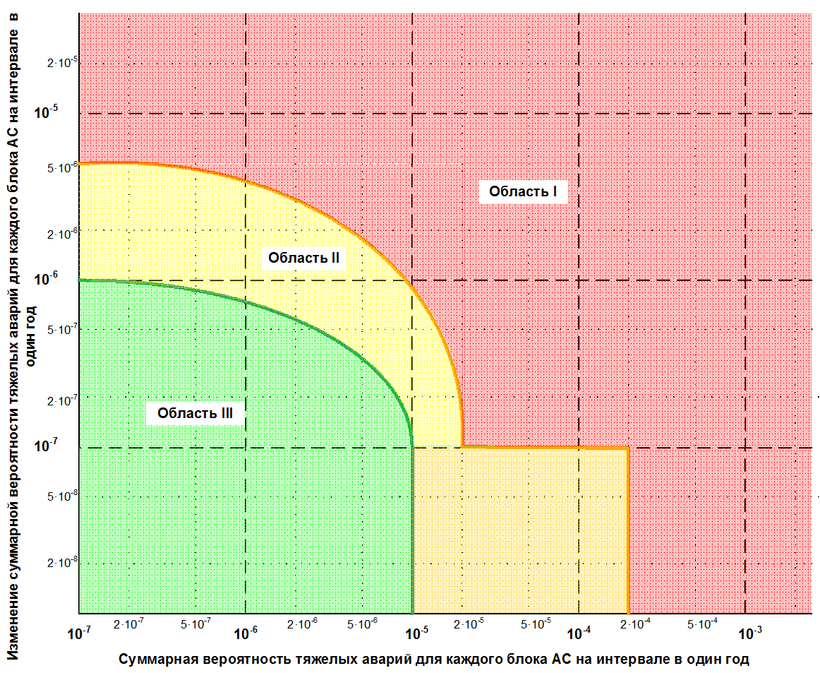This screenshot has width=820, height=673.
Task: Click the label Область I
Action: point(524,191)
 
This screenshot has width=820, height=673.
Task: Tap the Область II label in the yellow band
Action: point(303,258)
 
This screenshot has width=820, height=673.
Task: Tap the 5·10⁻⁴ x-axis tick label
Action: point(701,624)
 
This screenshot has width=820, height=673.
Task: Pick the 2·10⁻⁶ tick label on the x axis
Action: point(303,624)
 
